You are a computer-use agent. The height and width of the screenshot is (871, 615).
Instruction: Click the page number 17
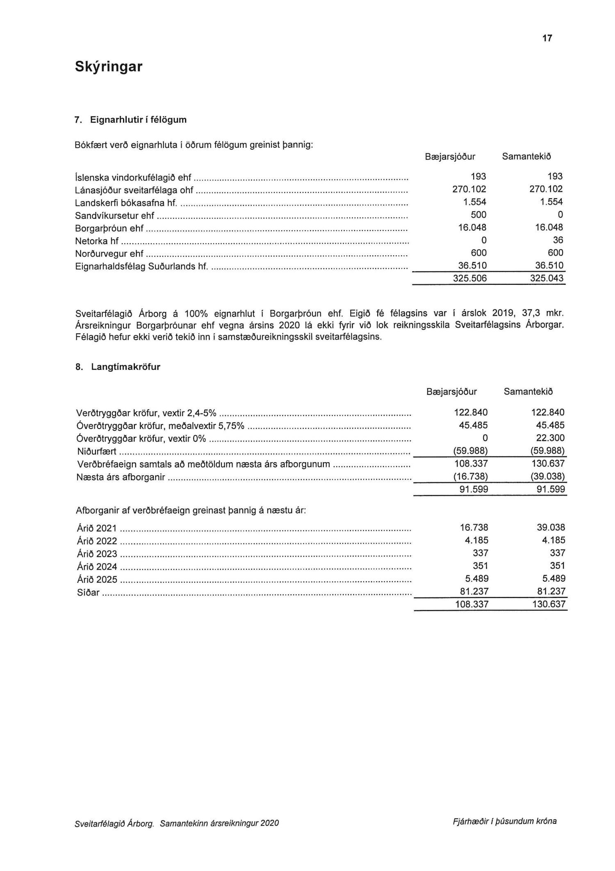coord(547,38)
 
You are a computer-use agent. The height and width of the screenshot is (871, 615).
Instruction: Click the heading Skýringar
coord(109,66)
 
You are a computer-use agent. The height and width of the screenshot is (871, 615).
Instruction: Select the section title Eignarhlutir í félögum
coord(138,120)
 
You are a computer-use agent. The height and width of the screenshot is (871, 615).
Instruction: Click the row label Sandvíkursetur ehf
coord(115,215)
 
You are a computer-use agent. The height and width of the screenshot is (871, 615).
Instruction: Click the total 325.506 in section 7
coord(470,278)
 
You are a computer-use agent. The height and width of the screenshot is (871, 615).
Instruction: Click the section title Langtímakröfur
coord(125,367)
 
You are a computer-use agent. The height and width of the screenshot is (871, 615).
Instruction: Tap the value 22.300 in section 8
coord(550,438)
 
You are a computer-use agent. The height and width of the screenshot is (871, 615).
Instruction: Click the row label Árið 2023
coord(97,554)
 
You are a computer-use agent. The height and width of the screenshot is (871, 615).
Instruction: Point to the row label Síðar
coord(88,592)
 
